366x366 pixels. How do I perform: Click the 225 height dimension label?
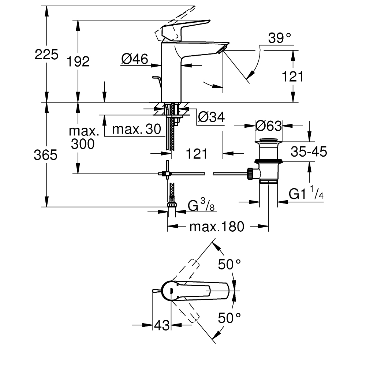46,55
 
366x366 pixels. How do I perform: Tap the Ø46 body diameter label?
134,58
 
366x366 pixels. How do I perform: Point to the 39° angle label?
279,38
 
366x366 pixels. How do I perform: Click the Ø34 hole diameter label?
211,117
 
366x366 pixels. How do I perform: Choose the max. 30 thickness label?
137,129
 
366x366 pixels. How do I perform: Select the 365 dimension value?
46,155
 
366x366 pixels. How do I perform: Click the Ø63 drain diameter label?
269,126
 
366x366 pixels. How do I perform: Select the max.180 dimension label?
217,227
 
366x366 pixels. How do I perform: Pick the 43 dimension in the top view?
162,325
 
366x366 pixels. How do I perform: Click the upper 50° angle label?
229,264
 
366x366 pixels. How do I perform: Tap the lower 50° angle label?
229,318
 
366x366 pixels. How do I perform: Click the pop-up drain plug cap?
269,140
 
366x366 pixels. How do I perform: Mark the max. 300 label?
83,137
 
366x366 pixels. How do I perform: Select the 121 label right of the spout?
293,76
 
